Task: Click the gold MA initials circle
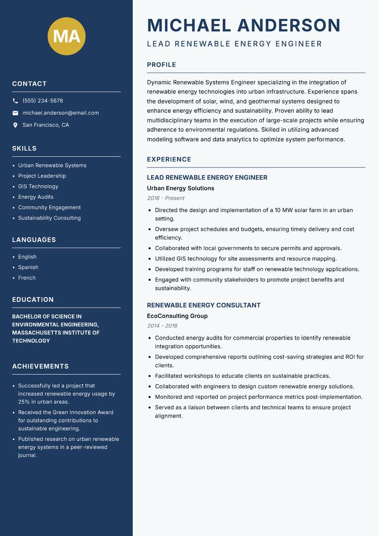(x=67, y=36)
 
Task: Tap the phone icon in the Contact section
(x=15, y=101)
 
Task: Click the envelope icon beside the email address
(x=15, y=113)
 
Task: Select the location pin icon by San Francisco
(x=15, y=125)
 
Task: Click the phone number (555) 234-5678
(x=43, y=101)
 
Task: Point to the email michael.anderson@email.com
(x=61, y=113)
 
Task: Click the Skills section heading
(x=24, y=148)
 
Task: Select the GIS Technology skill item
(x=38, y=186)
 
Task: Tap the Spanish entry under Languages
(x=28, y=268)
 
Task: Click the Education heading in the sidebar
(x=33, y=300)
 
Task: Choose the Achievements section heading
(x=40, y=367)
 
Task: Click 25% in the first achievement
(x=24, y=402)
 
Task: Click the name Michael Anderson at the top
(x=244, y=25)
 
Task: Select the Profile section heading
(x=161, y=65)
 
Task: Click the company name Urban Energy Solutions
(x=180, y=188)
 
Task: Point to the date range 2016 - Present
(x=165, y=198)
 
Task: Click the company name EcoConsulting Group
(x=177, y=316)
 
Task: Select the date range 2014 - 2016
(x=162, y=326)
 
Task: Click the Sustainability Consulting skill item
(x=49, y=218)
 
